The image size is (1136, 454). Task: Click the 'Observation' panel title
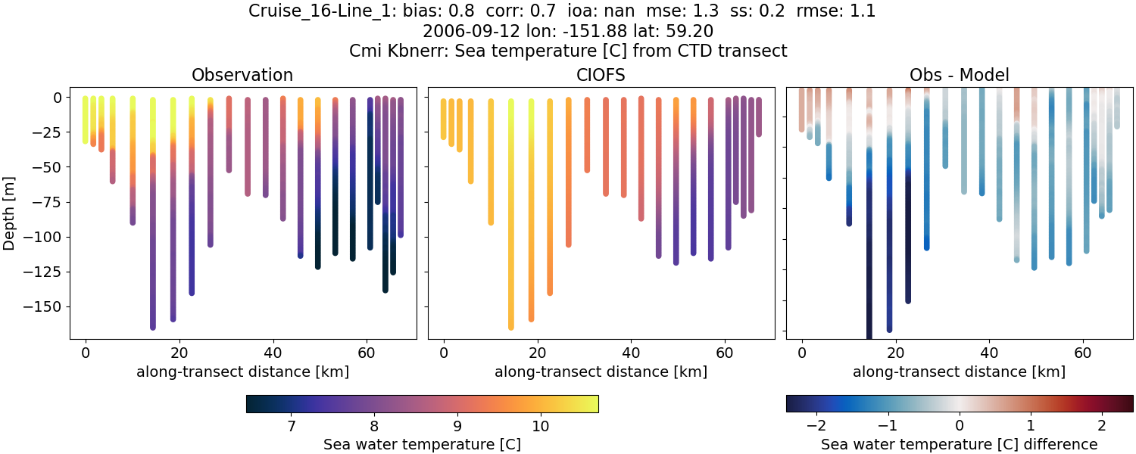pos(242,75)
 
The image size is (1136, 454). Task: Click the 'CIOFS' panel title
pos(601,75)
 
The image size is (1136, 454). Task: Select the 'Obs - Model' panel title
pos(959,75)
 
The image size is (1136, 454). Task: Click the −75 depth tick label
pos(48,202)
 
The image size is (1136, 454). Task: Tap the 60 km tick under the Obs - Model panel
pos(1083,352)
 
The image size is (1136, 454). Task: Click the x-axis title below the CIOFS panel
pos(601,372)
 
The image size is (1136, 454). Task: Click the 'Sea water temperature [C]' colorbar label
pos(422,444)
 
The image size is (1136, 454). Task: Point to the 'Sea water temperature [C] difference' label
pos(959,444)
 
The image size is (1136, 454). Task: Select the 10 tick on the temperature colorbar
pos(539,426)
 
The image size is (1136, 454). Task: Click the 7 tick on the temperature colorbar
pos(292,426)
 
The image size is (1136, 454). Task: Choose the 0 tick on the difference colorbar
pos(960,426)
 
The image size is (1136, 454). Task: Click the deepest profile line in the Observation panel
pos(153,227)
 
